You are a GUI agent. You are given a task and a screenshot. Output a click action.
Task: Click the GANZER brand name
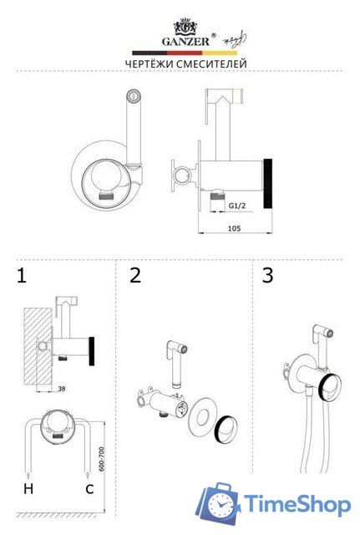point(185,42)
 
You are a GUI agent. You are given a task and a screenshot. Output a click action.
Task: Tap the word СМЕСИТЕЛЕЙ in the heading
point(211,64)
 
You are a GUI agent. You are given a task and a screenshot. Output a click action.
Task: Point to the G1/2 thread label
point(237,206)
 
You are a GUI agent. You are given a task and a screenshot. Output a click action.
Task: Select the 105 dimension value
point(234,228)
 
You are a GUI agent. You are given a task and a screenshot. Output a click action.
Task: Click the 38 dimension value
point(62,388)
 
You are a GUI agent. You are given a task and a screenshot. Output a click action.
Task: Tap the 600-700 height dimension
point(101,459)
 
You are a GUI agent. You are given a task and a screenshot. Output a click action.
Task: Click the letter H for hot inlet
point(28,488)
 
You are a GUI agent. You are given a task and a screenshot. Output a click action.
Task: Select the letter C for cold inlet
point(89,489)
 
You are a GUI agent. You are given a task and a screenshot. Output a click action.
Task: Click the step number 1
point(22,276)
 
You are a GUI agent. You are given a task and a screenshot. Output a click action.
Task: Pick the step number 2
point(135,275)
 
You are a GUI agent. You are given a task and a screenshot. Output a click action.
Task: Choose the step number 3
point(268,275)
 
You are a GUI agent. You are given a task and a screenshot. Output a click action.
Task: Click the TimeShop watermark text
point(297,505)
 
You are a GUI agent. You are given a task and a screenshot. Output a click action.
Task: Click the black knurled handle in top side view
point(268,183)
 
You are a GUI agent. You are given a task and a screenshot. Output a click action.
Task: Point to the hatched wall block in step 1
point(38,346)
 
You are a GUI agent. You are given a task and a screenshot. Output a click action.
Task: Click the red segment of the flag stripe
point(185,53)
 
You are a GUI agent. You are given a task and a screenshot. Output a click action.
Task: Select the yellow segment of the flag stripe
point(220,53)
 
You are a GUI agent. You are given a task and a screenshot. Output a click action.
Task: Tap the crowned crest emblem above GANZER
point(185,26)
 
